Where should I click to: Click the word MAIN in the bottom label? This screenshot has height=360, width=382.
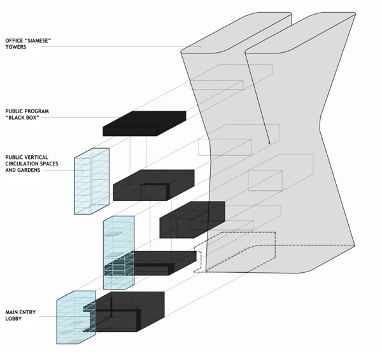[14, 310]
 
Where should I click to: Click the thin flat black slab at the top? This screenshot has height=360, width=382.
[144, 123]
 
